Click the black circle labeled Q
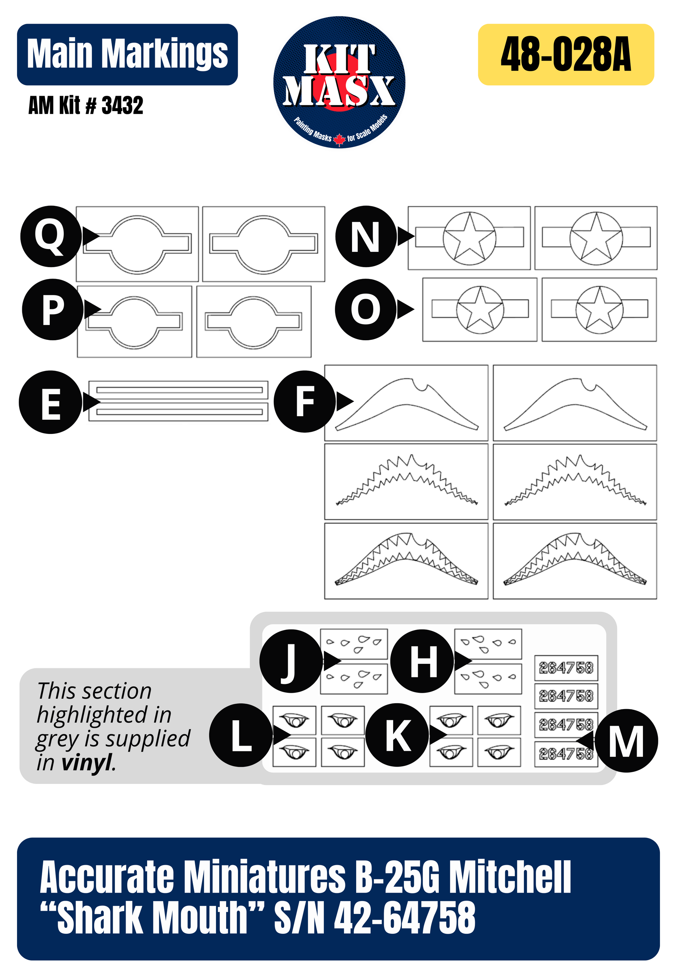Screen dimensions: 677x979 click(51, 236)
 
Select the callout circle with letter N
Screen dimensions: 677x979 click(366, 236)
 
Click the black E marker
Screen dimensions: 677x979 click(50, 402)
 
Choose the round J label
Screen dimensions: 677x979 click(290, 661)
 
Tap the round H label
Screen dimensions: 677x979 click(422, 661)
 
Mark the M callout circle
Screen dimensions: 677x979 click(627, 741)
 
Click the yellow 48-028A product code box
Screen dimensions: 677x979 click(566, 54)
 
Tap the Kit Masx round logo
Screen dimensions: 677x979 click(339, 82)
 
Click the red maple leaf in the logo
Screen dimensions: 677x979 click(339, 139)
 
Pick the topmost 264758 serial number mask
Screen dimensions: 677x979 click(566, 668)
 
